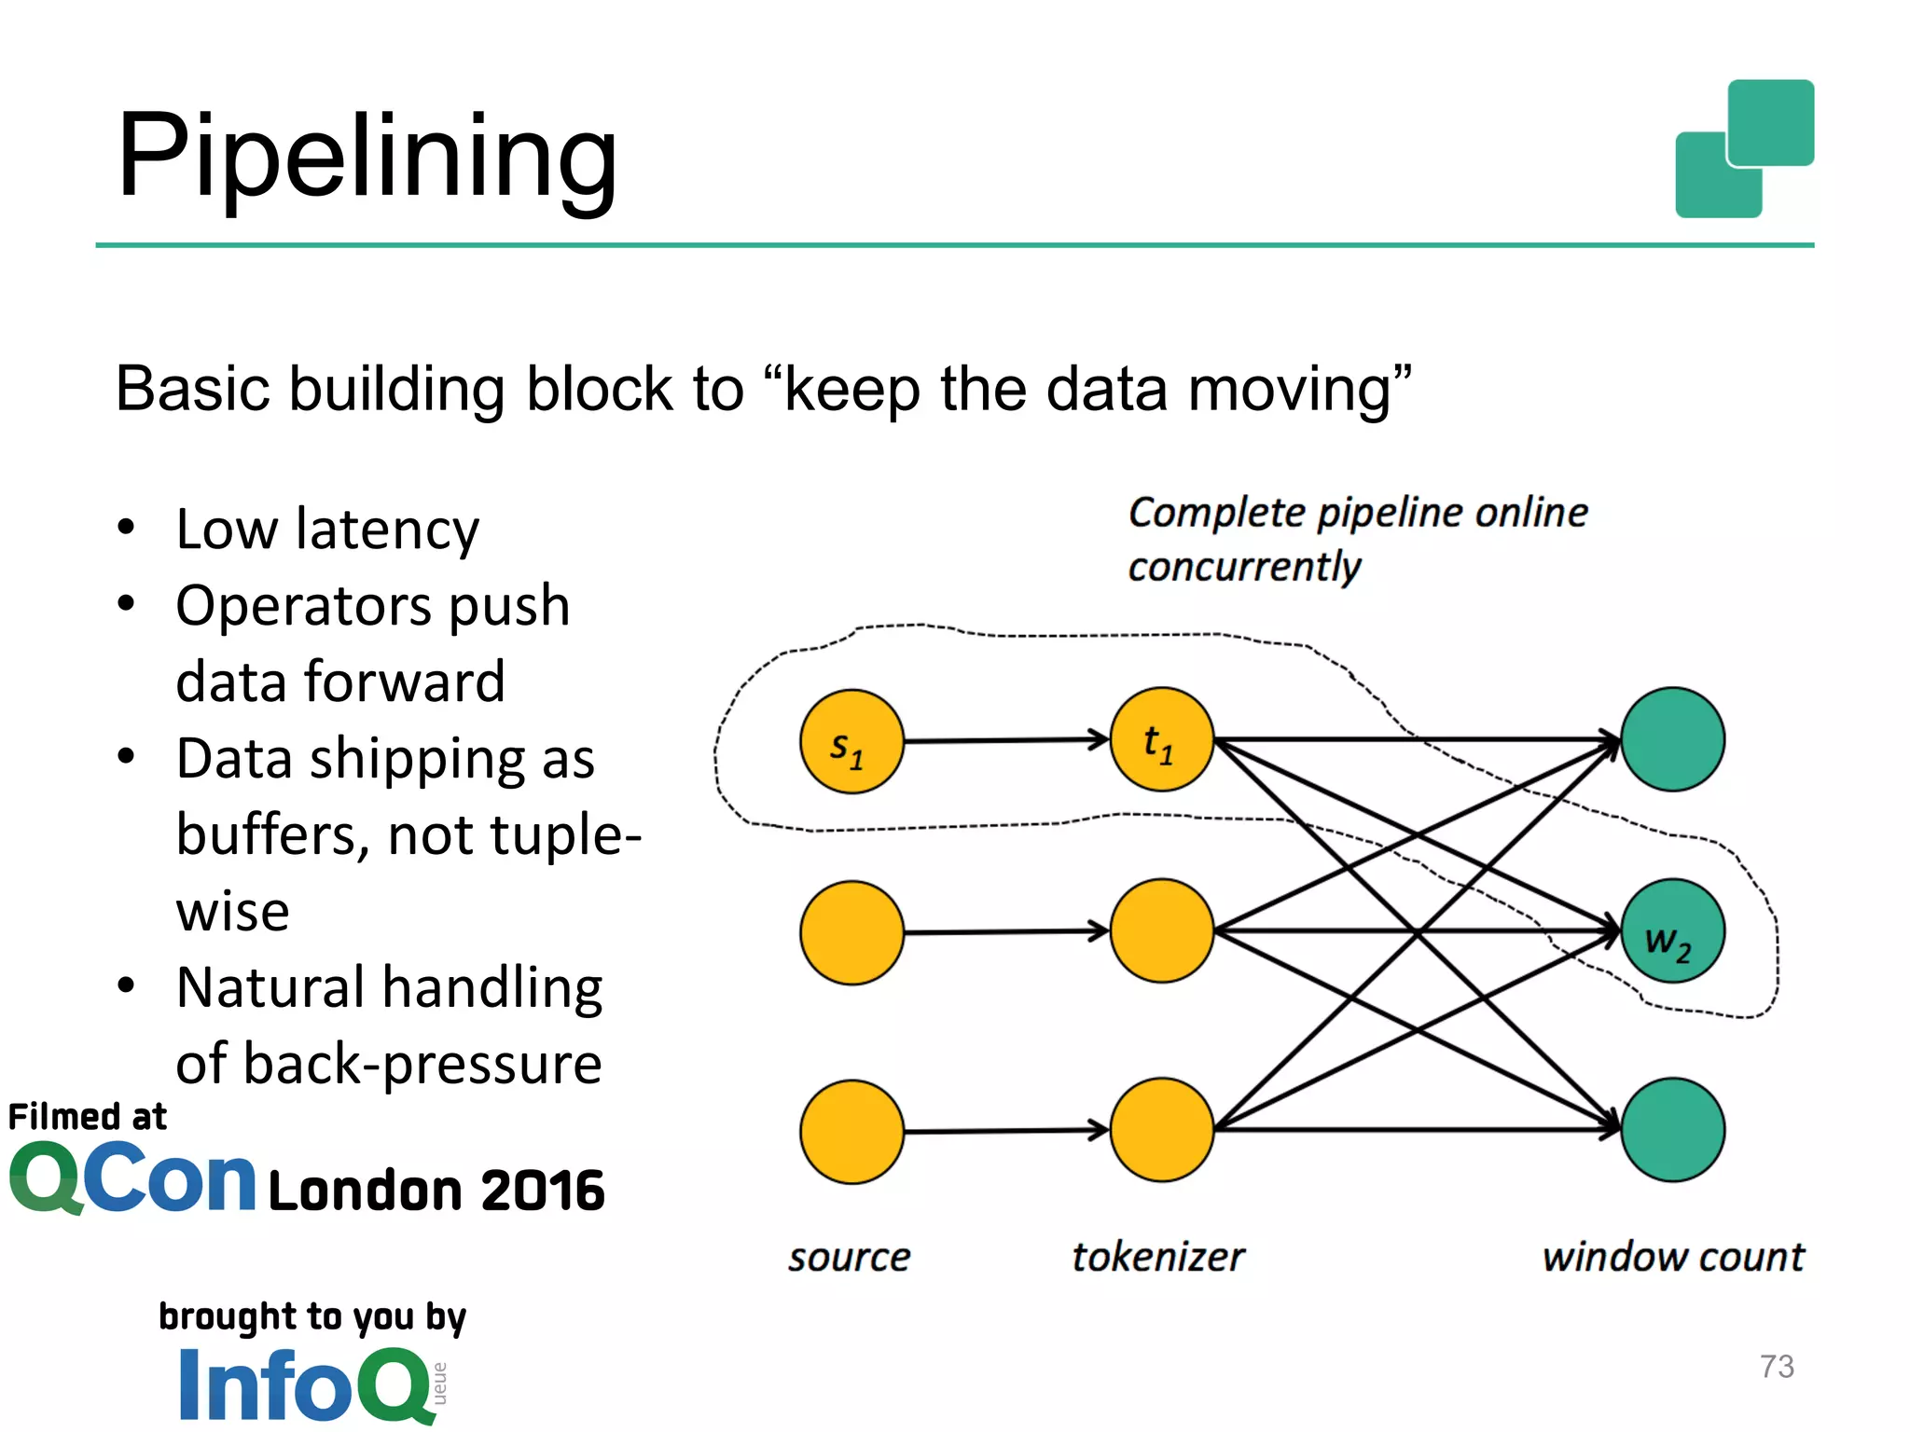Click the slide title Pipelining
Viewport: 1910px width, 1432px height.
367,156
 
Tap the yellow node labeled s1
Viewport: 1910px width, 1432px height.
851,741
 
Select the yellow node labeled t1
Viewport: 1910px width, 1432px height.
1161,739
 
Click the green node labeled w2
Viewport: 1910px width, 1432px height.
1672,930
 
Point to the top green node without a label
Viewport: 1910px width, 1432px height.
1672,739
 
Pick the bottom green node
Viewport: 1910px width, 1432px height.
1672,1130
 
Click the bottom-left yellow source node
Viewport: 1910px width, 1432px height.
851,1132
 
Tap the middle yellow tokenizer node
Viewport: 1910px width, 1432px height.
1161,930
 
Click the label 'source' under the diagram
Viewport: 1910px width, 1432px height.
849,1258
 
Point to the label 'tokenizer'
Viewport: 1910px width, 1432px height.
1157,1258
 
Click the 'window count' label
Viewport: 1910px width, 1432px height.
1673,1258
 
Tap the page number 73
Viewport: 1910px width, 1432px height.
1777,1367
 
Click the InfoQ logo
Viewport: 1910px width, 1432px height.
308,1385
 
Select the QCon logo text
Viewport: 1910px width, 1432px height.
132,1179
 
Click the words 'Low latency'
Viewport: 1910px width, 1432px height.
327,530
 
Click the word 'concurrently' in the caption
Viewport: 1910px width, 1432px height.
1244,567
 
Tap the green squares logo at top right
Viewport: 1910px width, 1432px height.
1744,149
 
